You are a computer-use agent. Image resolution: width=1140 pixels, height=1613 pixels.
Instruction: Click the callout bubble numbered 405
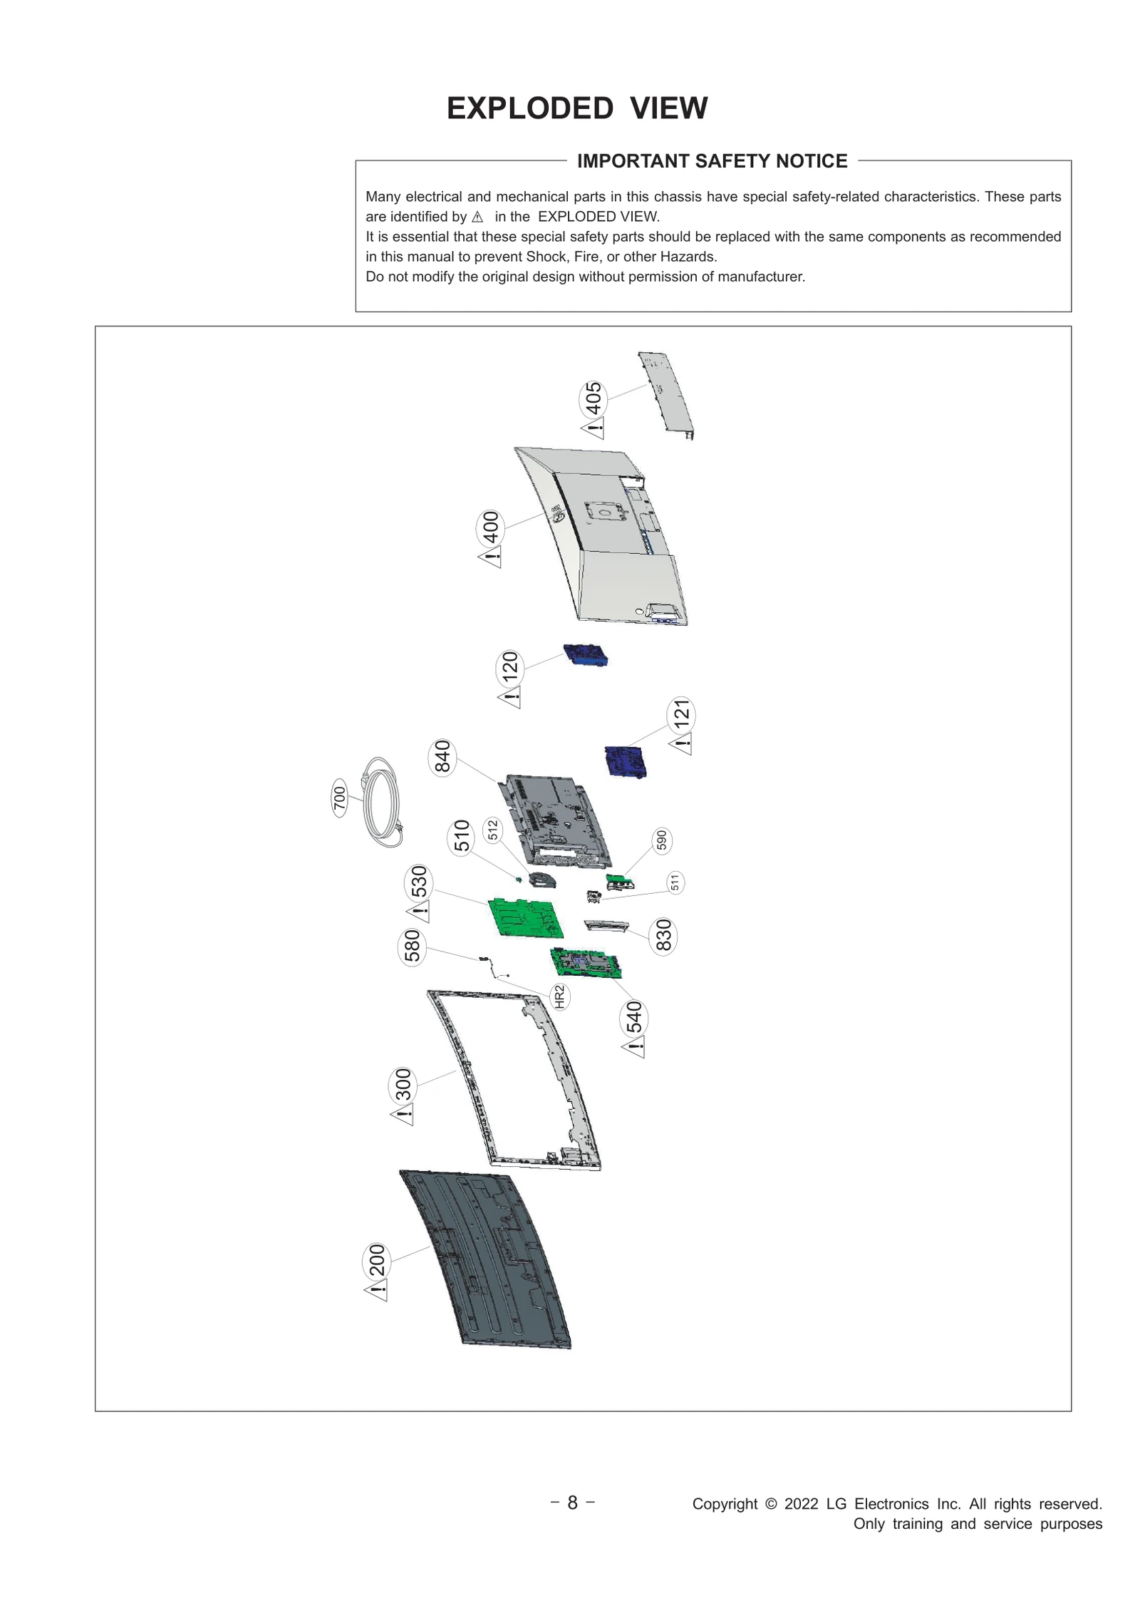(593, 399)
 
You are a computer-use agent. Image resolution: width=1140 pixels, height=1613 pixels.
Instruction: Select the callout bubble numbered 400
(490, 527)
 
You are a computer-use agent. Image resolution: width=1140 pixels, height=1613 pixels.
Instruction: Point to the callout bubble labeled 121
(681, 715)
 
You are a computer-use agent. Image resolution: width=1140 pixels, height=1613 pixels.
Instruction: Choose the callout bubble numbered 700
(340, 798)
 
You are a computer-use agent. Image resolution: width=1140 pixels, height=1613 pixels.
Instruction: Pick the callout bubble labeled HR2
(559, 996)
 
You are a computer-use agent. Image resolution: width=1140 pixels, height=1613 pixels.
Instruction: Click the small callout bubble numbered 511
(675, 882)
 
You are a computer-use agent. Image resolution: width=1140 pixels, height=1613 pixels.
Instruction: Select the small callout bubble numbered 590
(662, 840)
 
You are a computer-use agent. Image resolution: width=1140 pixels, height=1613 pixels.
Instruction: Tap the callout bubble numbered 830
(663, 936)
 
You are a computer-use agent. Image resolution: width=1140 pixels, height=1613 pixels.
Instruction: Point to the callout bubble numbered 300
(403, 1086)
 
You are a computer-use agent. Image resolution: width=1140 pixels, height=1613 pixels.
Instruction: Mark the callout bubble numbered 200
(377, 1261)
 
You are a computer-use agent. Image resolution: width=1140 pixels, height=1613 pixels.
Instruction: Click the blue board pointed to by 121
(626, 761)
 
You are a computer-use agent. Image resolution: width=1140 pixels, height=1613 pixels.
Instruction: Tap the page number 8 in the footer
(572, 1503)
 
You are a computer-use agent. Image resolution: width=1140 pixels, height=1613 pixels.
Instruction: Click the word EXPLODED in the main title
(529, 108)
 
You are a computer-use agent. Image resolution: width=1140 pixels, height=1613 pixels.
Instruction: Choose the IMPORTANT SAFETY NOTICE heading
(712, 161)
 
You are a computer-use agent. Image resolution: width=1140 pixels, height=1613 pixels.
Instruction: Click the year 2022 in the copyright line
(801, 1504)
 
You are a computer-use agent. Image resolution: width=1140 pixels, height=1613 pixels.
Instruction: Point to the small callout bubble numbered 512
(492, 830)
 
